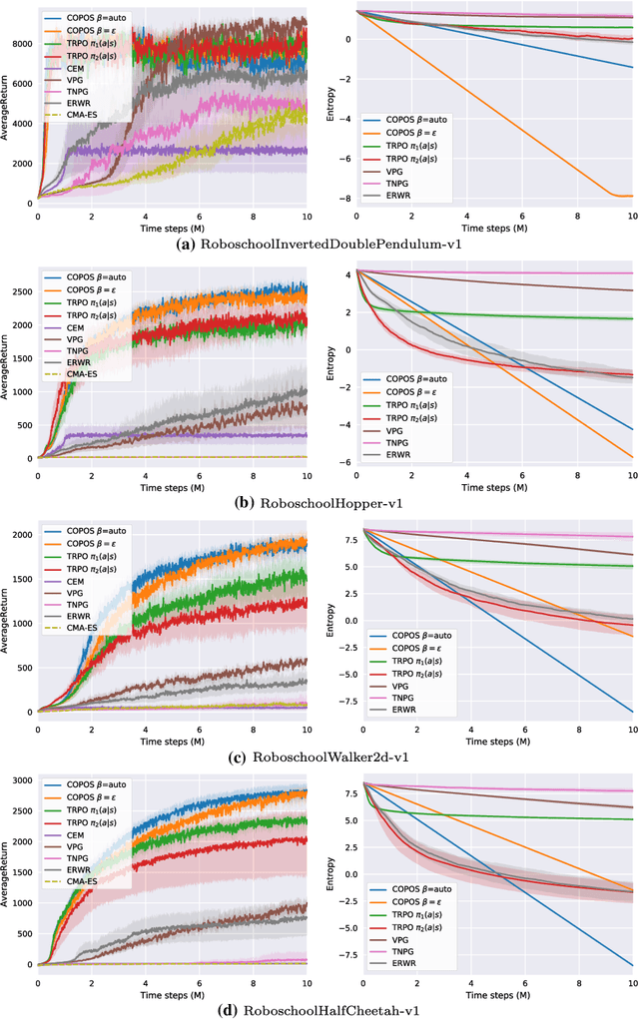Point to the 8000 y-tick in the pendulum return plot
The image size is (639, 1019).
[21, 43]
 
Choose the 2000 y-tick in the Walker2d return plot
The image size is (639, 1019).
[21, 535]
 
